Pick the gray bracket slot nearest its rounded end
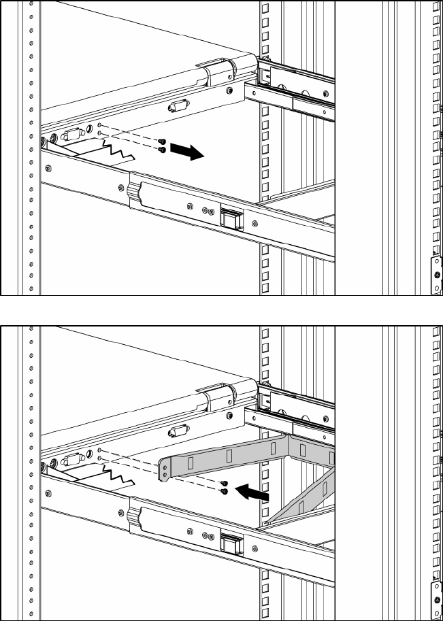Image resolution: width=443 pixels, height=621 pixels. click(190, 463)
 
